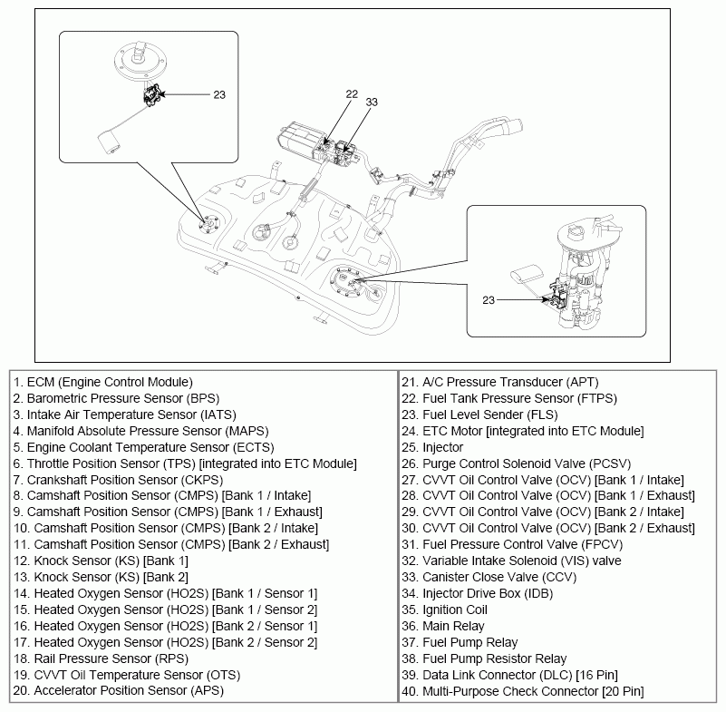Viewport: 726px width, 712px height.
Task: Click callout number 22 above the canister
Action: (x=353, y=93)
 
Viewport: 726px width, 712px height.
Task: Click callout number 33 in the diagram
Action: (x=372, y=102)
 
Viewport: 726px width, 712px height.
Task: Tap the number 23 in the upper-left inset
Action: (x=220, y=93)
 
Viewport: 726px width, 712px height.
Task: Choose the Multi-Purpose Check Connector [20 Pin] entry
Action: (x=535, y=691)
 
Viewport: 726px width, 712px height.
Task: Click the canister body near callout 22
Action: (x=300, y=141)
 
